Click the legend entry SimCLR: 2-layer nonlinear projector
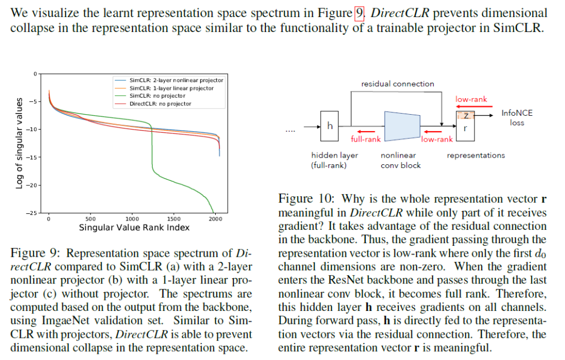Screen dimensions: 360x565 click(176, 80)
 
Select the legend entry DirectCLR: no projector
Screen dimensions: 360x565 click(160, 104)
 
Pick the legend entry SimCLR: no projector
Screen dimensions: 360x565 click(157, 96)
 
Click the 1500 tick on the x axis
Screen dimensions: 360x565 click(174, 219)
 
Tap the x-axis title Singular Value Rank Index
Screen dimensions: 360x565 click(134, 227)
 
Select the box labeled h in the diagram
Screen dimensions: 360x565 click(330, 126)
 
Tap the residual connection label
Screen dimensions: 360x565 click(397, 84)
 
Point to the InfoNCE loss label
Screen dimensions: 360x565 click(517, 117)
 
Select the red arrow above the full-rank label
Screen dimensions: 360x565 click(366, 132)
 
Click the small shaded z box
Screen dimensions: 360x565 click(466, 116)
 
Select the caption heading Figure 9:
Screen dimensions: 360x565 click(35, 253)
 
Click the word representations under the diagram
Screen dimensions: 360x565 click(475, 155)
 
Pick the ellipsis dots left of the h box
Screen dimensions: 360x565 click(290, 131)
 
